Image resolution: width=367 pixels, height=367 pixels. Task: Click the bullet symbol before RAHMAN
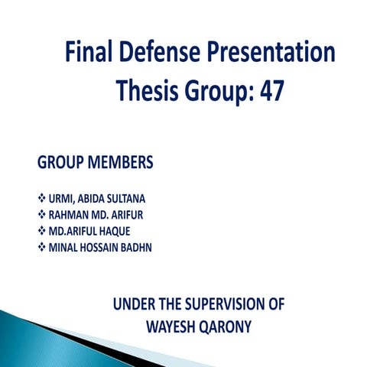pos(41,215)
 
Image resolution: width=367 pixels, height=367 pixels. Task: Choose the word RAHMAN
pos(70,215)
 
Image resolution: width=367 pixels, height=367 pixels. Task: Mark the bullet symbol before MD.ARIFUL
pos(41,231)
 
